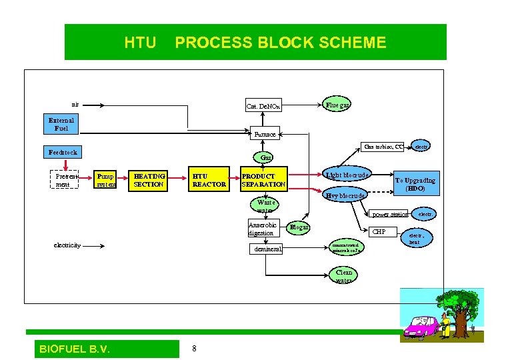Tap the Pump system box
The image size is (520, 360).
pyautogui.click(x=105, y=180)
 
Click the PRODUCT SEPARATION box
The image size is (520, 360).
pyautogui.click(x=263, y=180)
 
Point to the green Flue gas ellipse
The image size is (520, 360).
pyautogui.click(x=337, y=105)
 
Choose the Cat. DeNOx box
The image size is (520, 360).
pyautogui.click(x=263, y=106)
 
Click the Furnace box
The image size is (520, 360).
pyautogui.click(x=265, y=134)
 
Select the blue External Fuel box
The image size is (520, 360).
pyautogui.click(x=62, y=124)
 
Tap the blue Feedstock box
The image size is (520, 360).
pyautogui.click(x=63, y=152)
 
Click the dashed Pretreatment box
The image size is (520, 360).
pyautogui.click(x=63, y=180)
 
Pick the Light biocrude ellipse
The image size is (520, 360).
pyautogui.click(x=347, y=175)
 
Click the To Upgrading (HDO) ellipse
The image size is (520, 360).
pyautogui.click(x=415, y=184)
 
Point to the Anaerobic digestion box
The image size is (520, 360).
pyautogui.click(x=261, y=229)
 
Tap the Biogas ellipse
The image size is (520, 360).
pyautogui.click(x=299, y=227)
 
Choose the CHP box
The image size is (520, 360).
pyautogui.click(x=379, y=232)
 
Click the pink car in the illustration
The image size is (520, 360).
pyautogui.click(x=420, y=327)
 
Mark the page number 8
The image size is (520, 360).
pyautogui.click(x=194, y=349)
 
